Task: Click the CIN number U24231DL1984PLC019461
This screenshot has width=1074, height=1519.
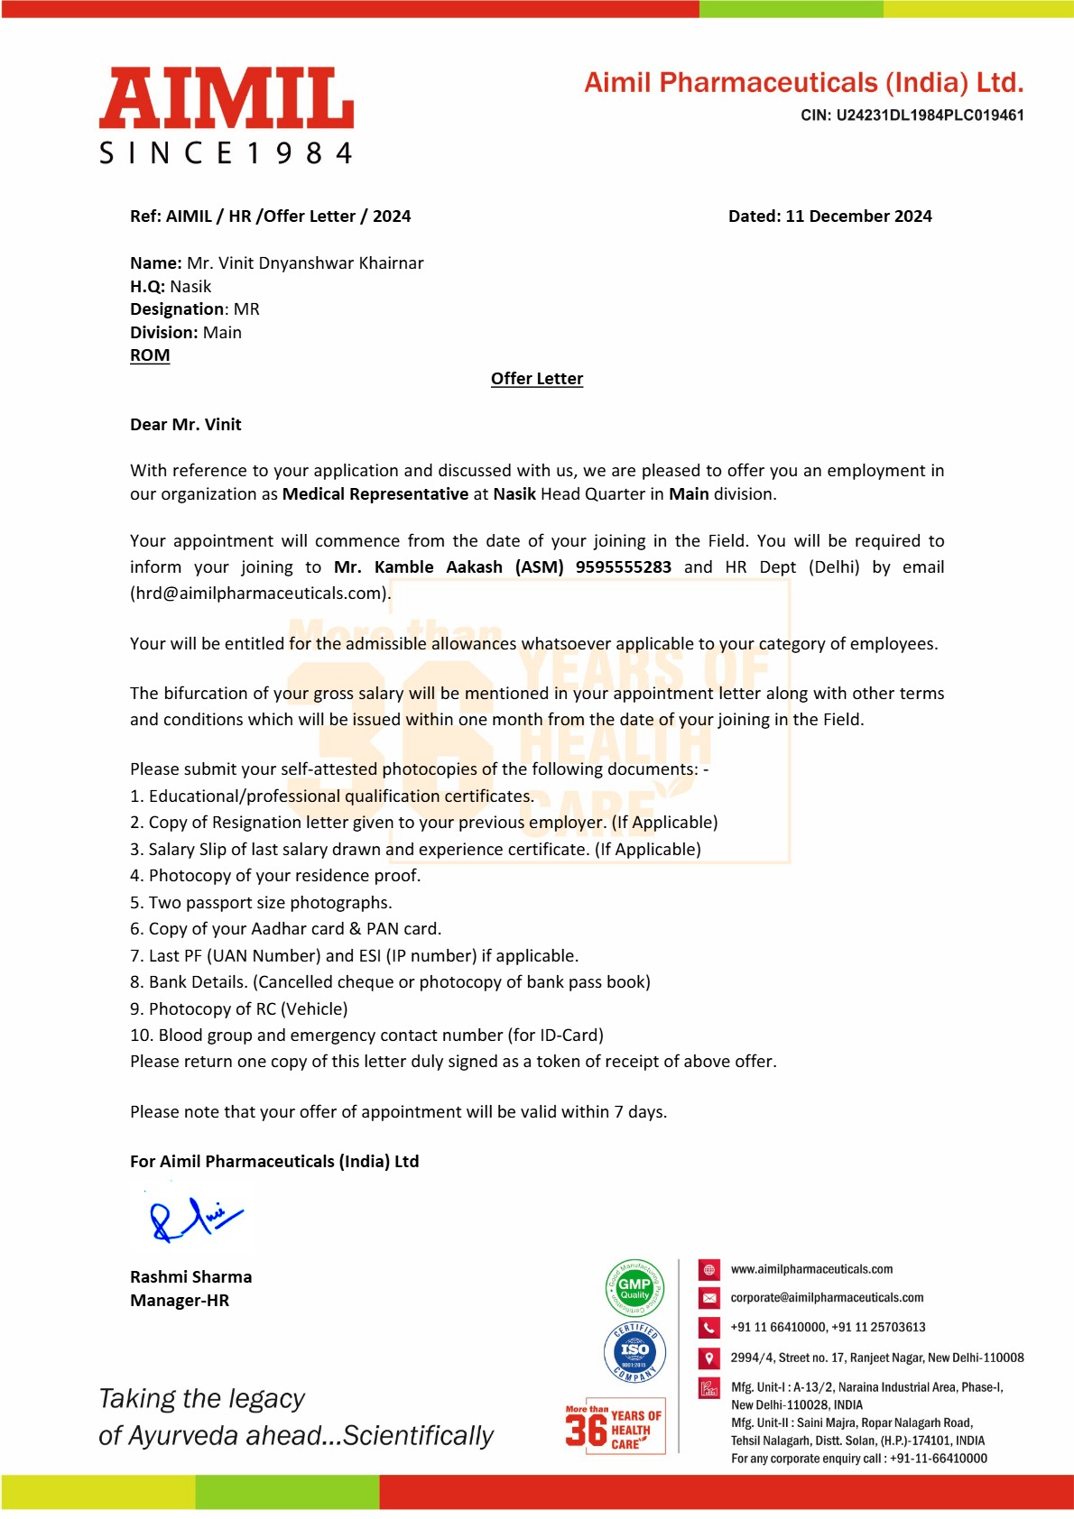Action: tap(930, 115)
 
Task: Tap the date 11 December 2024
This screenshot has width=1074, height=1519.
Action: tap(858, 216)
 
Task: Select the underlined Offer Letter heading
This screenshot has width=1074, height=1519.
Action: tap(537, 379)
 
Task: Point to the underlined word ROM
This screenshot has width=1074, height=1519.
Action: tap(150, 355)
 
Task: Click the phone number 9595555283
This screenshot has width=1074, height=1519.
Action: tap(623, 567)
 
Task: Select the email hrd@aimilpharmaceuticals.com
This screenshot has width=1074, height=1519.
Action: tap(260, 594)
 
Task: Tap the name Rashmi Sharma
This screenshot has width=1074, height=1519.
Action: tap(190, 1277)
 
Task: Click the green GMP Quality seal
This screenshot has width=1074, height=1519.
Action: tap(634, 1287)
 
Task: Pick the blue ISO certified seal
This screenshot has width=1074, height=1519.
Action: tap(634, 1351)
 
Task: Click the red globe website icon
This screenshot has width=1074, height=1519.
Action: tap(709, 1270)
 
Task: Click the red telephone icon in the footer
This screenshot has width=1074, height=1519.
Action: tap(709, 1328)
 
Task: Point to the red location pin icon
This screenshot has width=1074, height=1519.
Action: tap(709, 1358)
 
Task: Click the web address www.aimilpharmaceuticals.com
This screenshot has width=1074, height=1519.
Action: tap(811, 1270)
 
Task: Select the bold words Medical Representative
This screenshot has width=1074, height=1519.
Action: tap(375, 494)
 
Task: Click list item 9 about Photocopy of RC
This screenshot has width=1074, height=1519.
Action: tap(239, 1009)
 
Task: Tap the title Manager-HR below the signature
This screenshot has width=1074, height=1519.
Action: tap(180, 1301)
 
